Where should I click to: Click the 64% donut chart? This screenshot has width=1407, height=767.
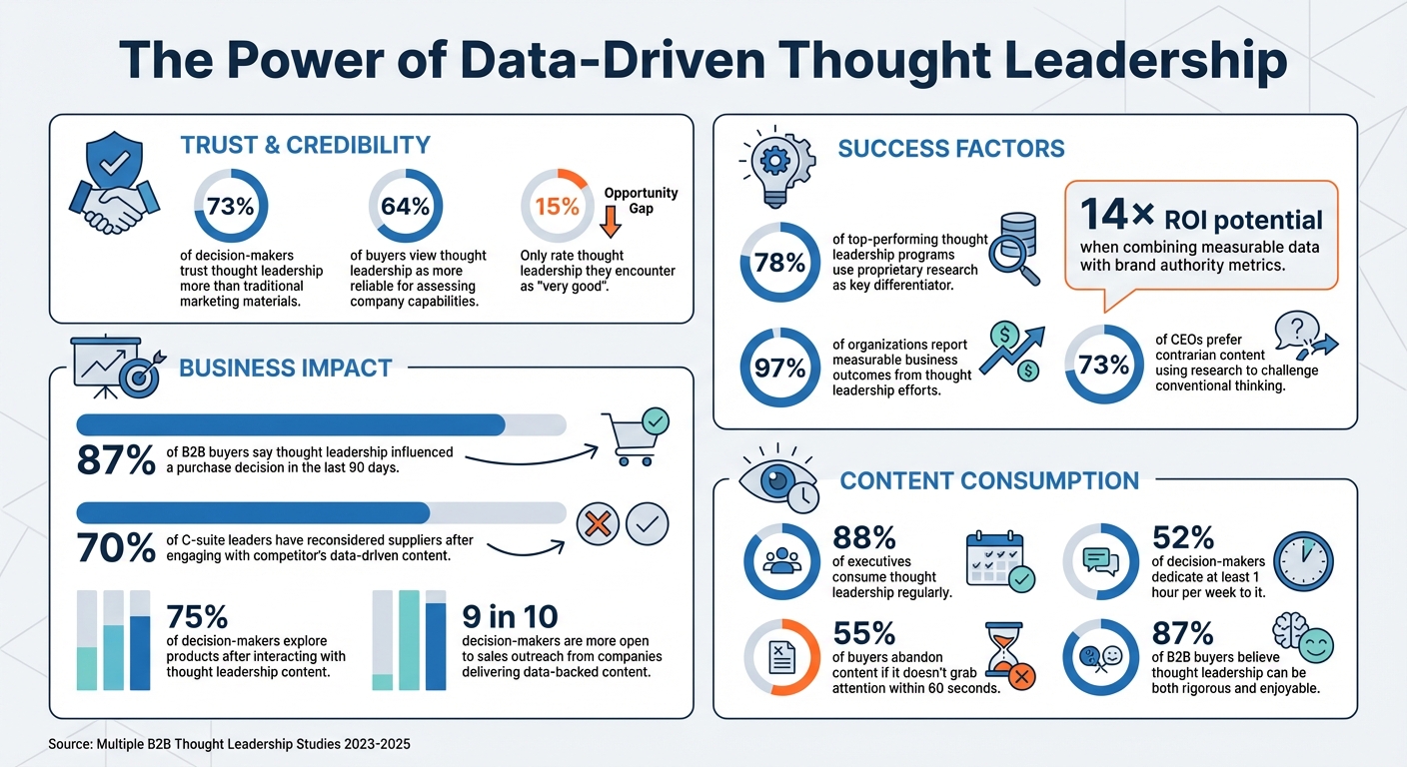tap(406, 207)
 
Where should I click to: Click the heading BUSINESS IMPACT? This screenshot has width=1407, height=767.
tap(285, 369)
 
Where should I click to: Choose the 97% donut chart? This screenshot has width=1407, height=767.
tap(778, 368)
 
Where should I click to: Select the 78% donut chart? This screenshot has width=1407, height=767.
tap(778, 263)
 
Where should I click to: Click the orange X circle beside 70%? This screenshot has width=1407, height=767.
tap(598, 523)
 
